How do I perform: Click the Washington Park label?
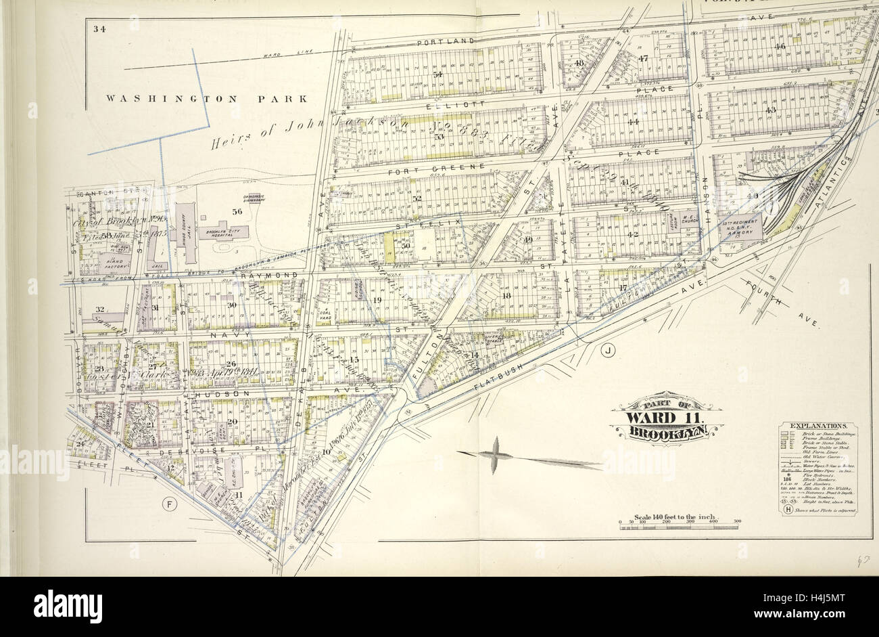click(206, 99)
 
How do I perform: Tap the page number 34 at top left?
click(100, 28)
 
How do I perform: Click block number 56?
click(237, 211)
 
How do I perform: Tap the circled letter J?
click(608, 350)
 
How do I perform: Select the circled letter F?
click(170, 503)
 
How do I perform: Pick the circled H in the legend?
click(788, 511)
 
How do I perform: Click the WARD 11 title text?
click(665, 416)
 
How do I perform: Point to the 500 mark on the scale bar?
click(736, 521)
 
